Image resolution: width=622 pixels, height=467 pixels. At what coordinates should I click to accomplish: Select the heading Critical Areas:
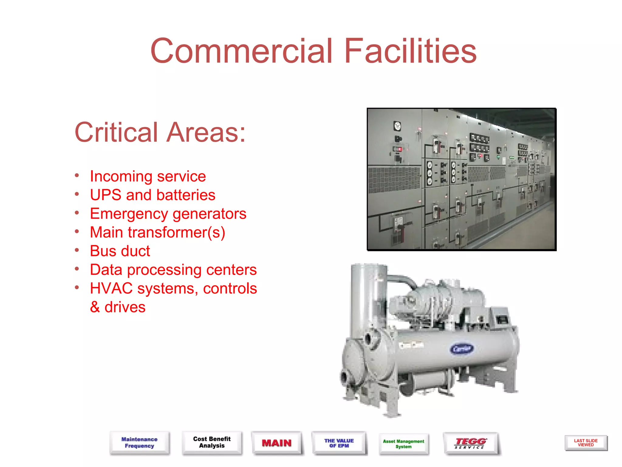click(x=160, y=132)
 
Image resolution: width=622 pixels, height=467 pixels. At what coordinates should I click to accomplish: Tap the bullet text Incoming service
click(x=148, y=176)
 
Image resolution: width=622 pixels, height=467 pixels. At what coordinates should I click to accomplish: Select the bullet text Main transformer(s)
click(x=158, y=232)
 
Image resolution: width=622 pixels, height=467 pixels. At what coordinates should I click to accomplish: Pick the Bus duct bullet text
click(x=120, y=251)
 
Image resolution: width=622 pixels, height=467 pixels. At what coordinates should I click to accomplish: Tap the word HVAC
click(x=111, y=288)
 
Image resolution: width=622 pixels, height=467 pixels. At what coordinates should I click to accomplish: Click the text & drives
click(x=118, y=307)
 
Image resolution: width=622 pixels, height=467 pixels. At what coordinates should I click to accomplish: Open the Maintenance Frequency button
click(x=139, y=443)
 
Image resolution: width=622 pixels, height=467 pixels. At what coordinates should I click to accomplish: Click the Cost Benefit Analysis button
click(x=212, y=442)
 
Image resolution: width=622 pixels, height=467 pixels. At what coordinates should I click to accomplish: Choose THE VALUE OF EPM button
click(x=339, y=443)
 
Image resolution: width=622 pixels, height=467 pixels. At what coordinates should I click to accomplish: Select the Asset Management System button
click(x=403, y=444)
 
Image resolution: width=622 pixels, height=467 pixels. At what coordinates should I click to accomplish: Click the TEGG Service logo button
click(x=470, y=443)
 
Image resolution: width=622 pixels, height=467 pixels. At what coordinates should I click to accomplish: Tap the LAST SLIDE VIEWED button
click(x=586, y=443)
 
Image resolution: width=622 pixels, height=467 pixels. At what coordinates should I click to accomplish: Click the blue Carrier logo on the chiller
click(x=462, y=349)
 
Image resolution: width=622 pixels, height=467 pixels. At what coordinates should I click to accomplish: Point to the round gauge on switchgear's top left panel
click(x=397, y=126)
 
